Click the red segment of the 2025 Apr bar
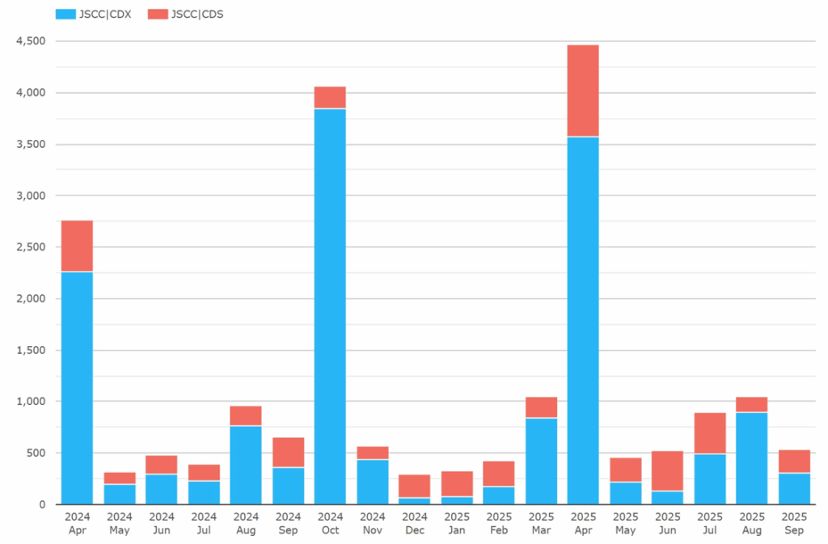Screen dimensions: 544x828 click(583, 91)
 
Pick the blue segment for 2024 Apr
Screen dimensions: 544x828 click(77, 388)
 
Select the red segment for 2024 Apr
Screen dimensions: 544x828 click(77, 246)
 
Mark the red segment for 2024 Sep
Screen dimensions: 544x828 click(288, 452)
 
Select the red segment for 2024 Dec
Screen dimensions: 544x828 click(414, 486)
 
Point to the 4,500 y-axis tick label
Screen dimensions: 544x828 click(32, 41)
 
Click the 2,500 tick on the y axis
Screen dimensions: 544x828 click(32, 247)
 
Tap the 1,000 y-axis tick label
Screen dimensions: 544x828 click(32, 402)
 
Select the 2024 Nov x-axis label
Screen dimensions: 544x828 click(372, 523)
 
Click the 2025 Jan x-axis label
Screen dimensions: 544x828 click(457, 523)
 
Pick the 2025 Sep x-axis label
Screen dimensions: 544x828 click(794, 523)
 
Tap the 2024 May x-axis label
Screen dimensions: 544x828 click(119, 523)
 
